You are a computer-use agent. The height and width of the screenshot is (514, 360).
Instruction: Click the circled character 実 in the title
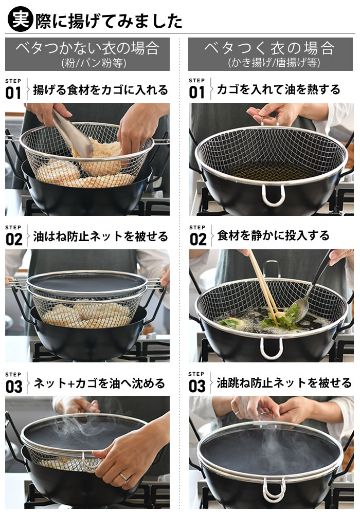click(x=20, y=20)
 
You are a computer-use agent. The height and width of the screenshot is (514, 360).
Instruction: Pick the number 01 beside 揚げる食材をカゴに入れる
click(x=13, y=93)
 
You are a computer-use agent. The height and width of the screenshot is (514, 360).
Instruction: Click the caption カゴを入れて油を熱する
click(x=278, y=89)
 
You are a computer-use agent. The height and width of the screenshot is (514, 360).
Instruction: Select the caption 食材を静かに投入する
click(x=273, y=236)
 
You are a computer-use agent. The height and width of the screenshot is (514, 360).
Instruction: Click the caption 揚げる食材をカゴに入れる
click(x=100, y=90)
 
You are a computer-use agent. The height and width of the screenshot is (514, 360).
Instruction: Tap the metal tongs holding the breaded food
click(x=72, y=133)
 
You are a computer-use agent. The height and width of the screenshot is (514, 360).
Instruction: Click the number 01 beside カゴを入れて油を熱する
click(x=197, y=93)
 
